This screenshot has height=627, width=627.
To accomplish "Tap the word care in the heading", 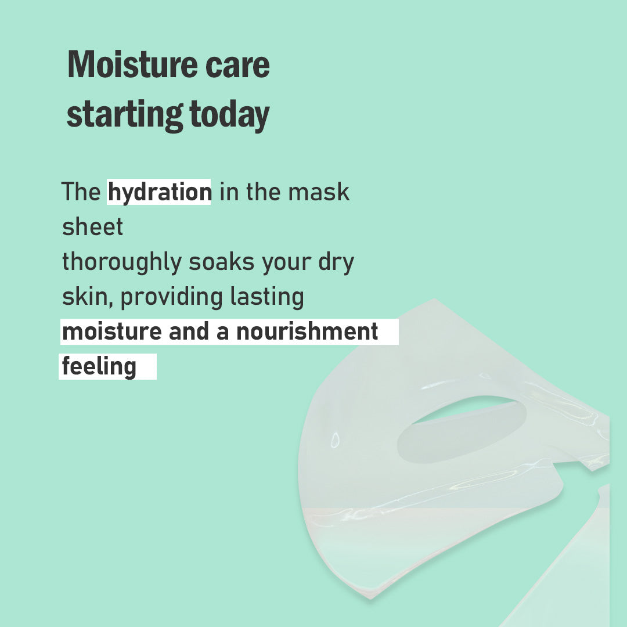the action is tap(237, 66).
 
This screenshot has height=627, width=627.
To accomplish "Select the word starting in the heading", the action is tap(125, 115).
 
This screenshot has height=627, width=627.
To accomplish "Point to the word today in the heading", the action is tap(229, 115).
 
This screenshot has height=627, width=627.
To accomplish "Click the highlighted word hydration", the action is tap(160, 193).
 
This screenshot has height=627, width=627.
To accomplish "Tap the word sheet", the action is tap(92, 227).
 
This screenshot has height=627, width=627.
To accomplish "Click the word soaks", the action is tap(221, 262).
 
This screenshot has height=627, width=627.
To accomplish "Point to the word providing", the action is tap(171, 298).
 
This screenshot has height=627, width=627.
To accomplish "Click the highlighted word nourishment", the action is tap(307, 331).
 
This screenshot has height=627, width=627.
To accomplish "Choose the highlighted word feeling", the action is tap(99, 367).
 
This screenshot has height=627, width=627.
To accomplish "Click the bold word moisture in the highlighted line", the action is tap(113, 332).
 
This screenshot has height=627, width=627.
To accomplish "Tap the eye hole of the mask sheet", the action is tap(462, 430).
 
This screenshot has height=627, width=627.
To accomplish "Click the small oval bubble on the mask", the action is tap(335, 440).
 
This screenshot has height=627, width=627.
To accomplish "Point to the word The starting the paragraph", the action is tap(81, 192).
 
